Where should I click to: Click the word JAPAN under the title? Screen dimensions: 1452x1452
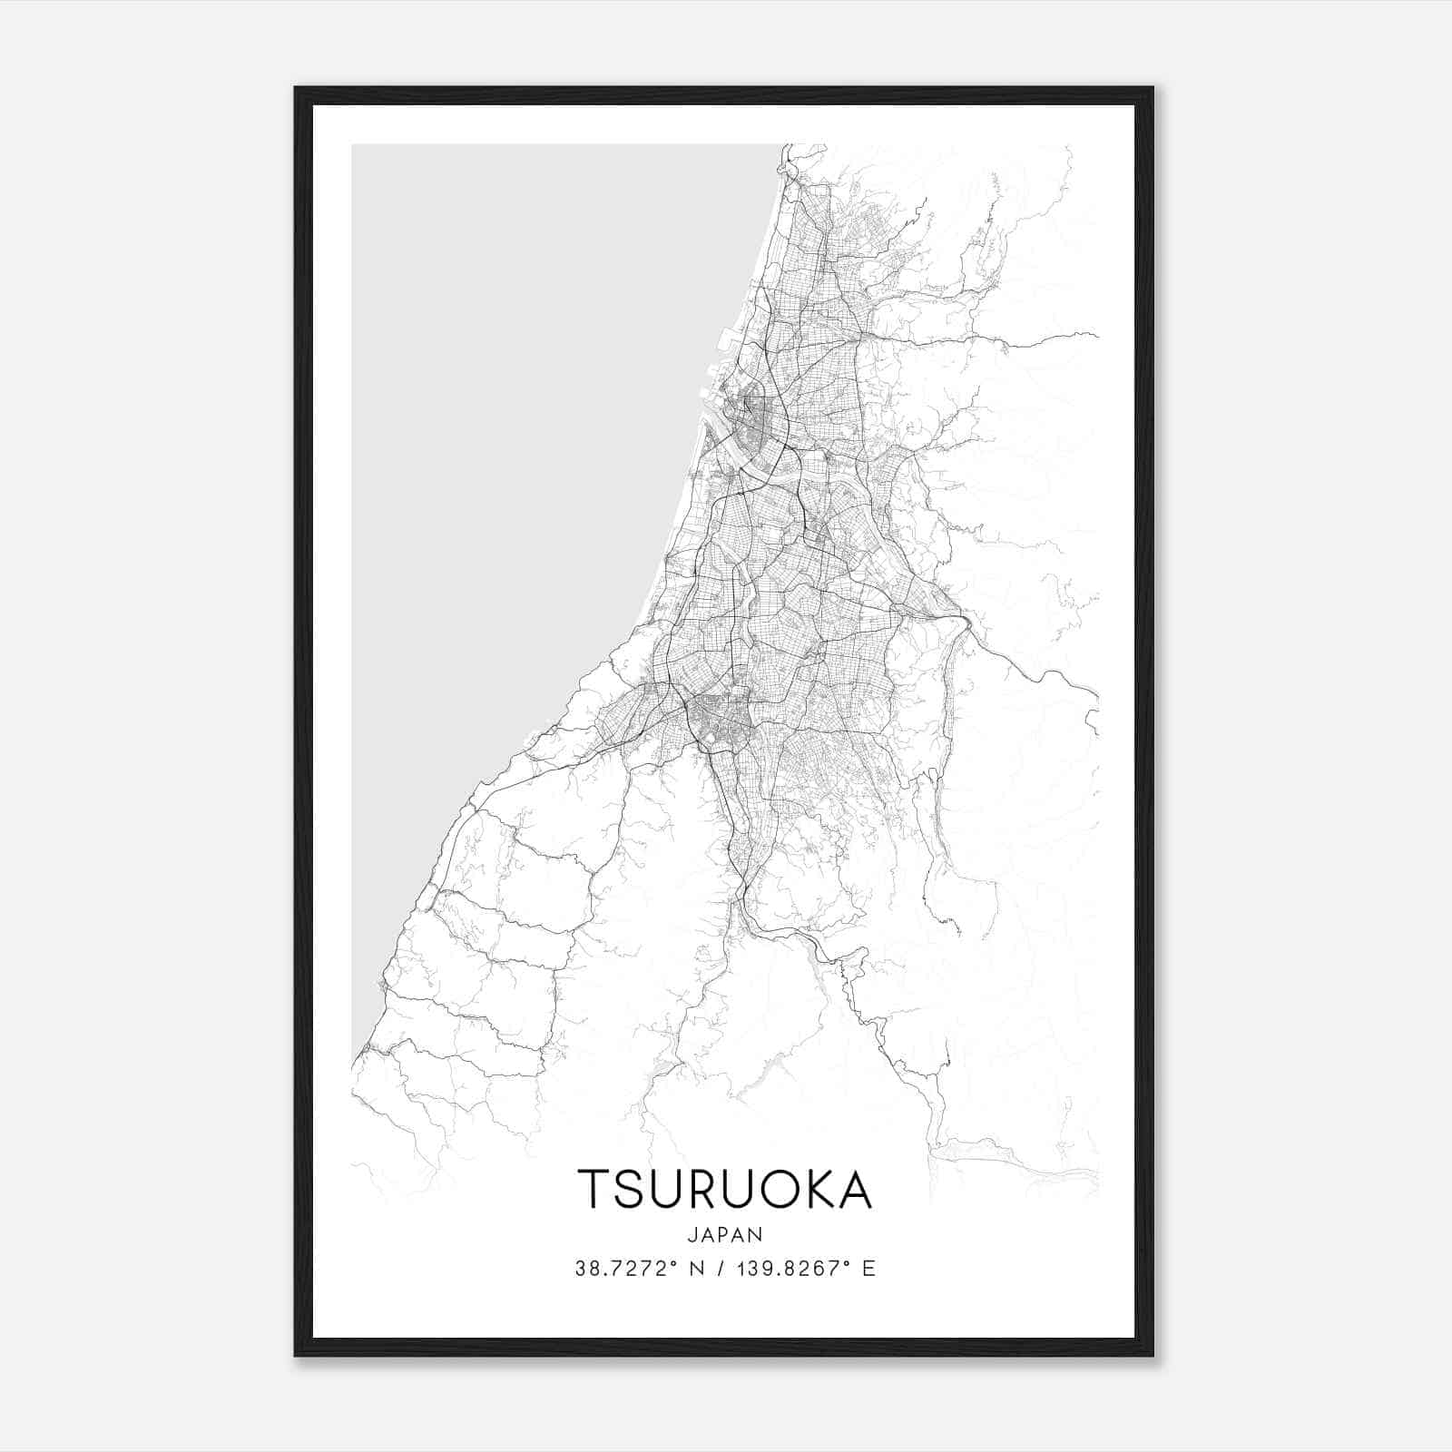point(725,1234)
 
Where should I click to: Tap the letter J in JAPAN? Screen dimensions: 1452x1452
point(692,1234)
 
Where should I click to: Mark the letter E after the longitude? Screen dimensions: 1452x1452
point(869,1269)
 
